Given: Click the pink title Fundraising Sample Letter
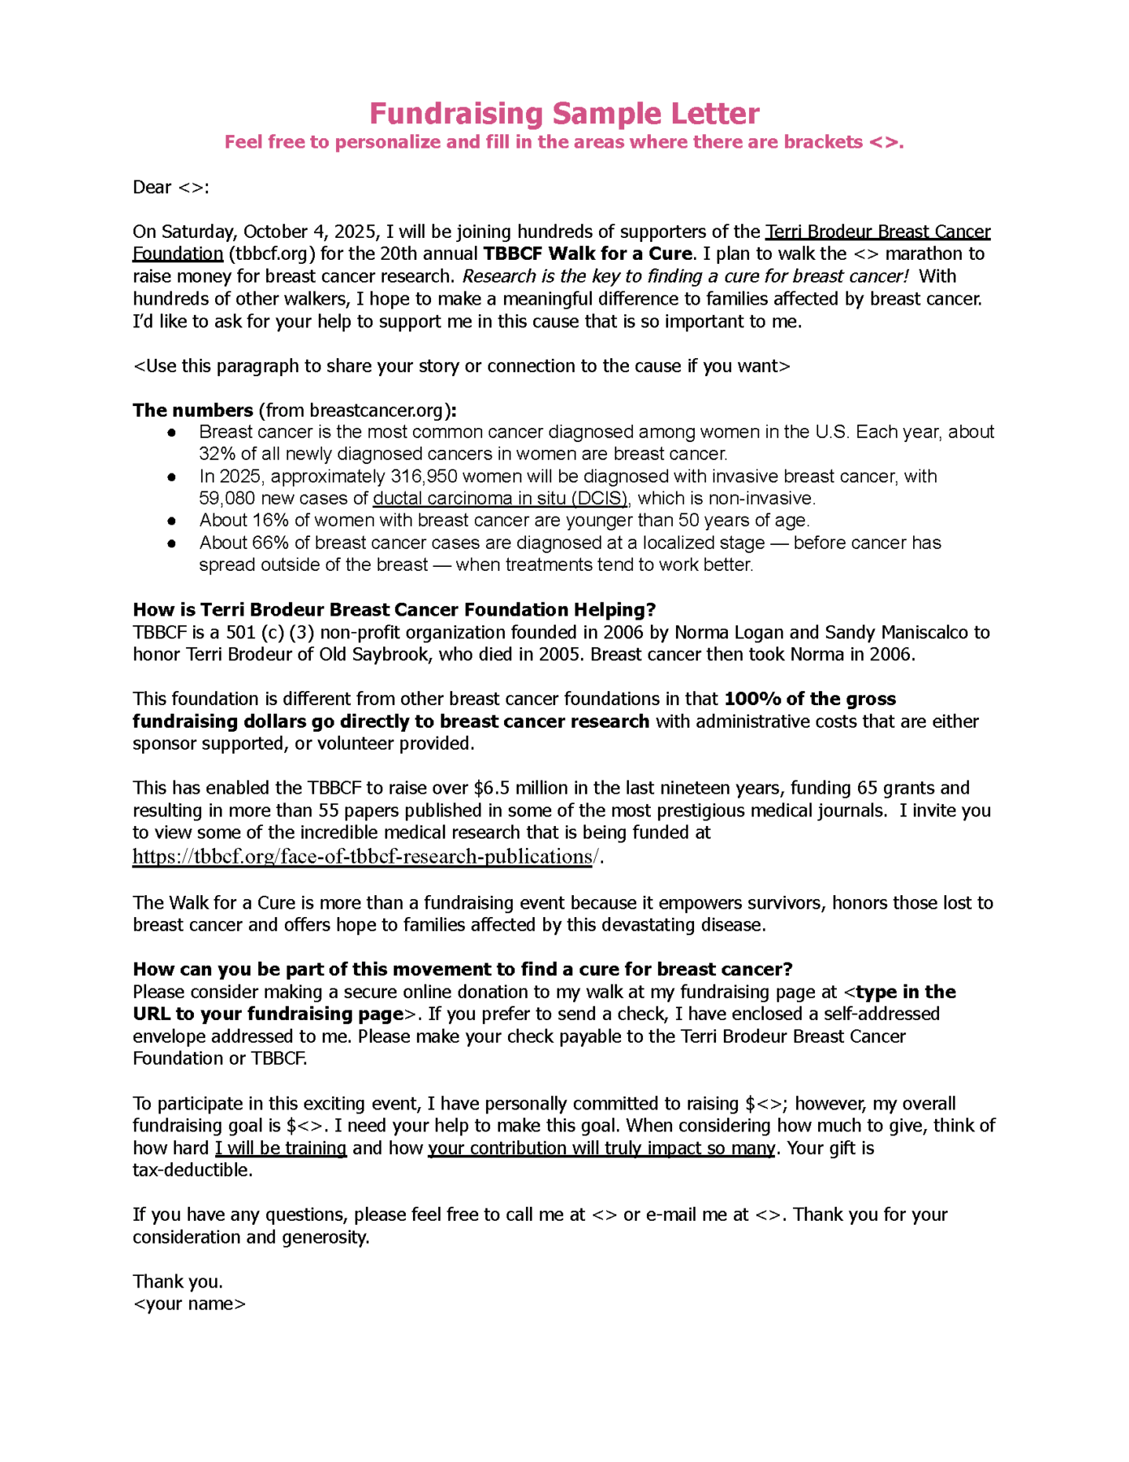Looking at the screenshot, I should [564, 113].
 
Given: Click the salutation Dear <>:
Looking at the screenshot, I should [170, 188].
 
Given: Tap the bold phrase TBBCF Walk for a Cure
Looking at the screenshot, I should [588, 254].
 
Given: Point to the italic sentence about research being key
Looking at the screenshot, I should [685, 276].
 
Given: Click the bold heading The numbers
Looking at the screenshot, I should [193, 410].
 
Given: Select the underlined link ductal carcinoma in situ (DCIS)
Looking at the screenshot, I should [500, 499].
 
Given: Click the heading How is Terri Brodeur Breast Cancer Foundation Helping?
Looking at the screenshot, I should [394, 610].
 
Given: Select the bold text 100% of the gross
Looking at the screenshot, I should [809, 699].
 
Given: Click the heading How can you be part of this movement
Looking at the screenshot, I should [462, 969].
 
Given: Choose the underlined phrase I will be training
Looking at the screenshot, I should [281, 1148].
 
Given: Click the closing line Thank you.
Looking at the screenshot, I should [178, 1282].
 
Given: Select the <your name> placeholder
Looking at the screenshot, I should [189, 1304].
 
